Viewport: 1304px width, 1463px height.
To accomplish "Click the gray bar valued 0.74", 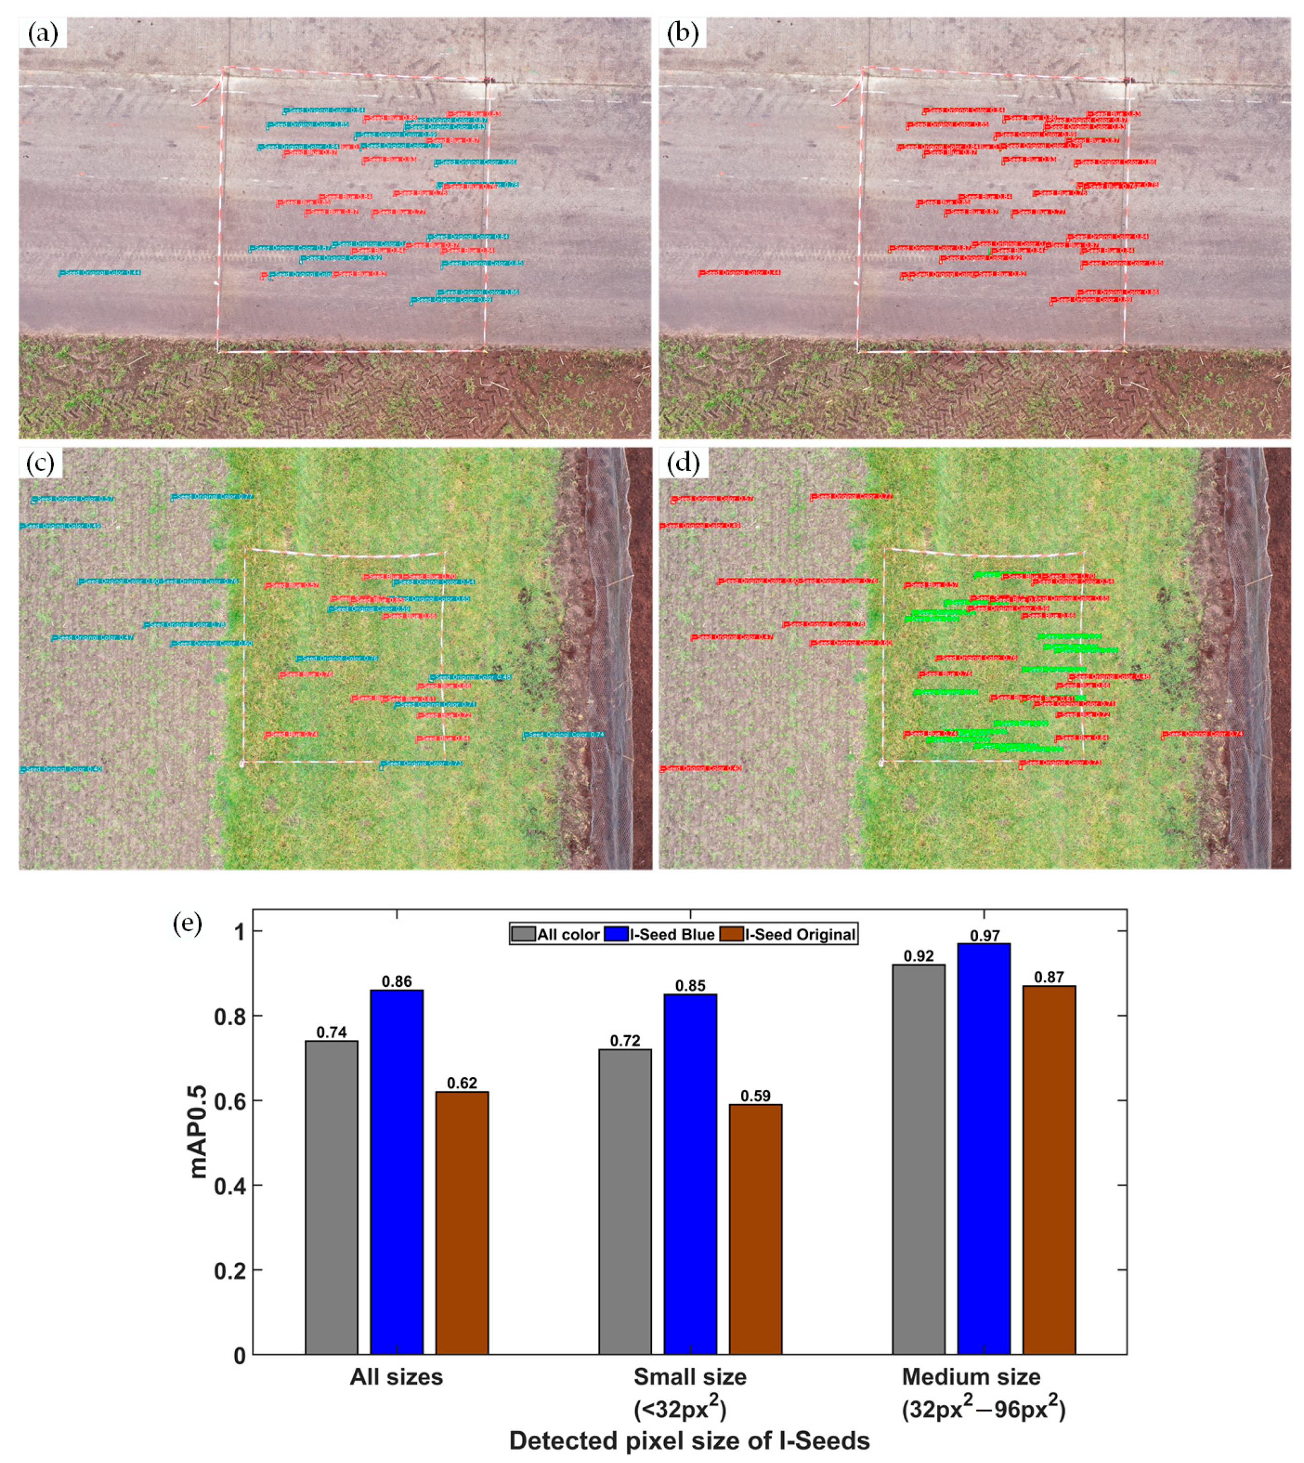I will tap(331, 1198).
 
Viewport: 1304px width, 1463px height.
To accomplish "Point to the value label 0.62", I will tap(461, 1082).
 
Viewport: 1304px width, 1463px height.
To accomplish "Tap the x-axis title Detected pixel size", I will tap(689, 1440).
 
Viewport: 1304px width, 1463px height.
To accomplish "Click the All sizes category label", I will tap(396, 1377).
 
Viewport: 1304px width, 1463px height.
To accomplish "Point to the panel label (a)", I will tap(42, 33).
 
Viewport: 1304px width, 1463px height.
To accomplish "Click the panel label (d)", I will tap(682, 463).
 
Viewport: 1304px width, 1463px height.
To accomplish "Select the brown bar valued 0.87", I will tap(1048, 1170).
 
